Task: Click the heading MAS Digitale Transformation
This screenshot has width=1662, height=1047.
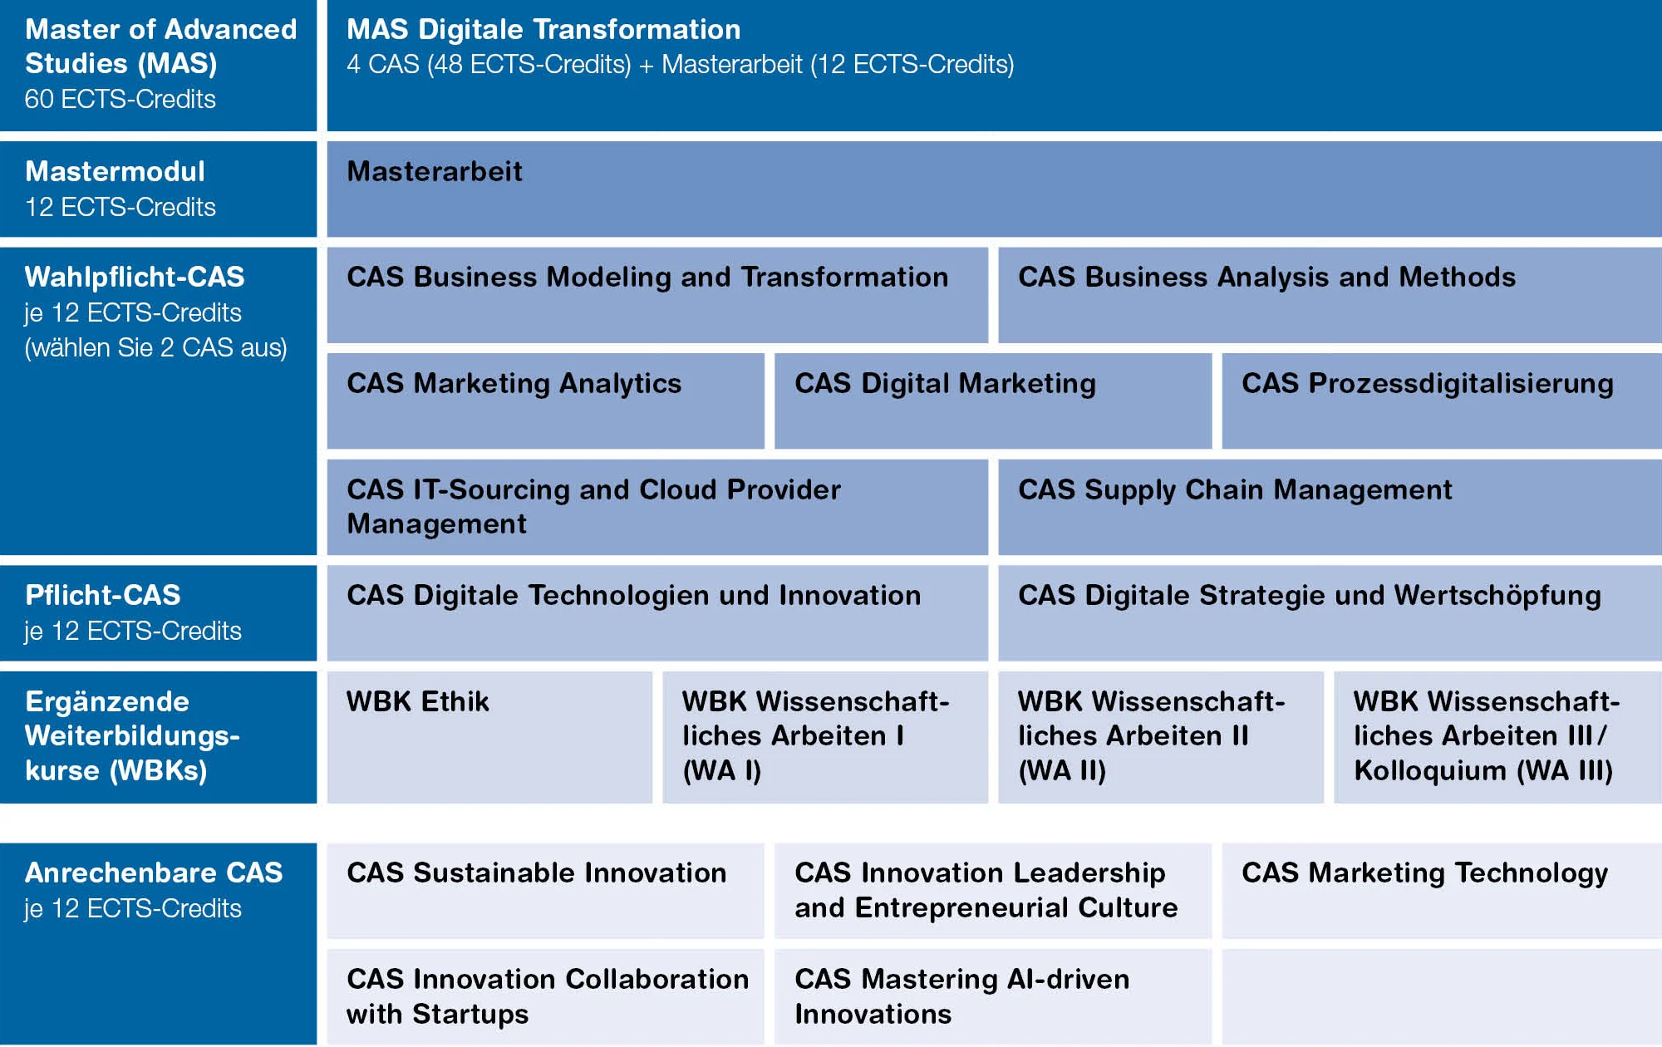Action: pyautogui.click(x=543, y=30)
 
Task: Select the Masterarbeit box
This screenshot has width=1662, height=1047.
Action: pyautogui.click(x=994, y=189)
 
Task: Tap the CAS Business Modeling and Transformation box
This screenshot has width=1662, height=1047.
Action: pyautogui.click(x=657, y=295)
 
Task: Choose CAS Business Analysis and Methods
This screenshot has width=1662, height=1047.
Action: pyautogui.click(x=1330, y=295)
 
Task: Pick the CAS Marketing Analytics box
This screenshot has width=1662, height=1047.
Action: pyautogui.click(x=545, y=401)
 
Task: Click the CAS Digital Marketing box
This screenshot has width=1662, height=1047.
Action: pyautogui.click(x=993, y=401)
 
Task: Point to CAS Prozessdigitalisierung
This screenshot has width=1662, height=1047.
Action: pyautogui.click(x=1442, y=401)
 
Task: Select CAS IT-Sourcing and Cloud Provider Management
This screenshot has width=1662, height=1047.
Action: pyautogui.click(x=657, y=507)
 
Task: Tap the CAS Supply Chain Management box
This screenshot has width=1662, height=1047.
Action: pyautogui.click(x=1330, y=507)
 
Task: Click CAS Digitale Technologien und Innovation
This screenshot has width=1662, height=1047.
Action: pyautogui.click(x=657, y=613)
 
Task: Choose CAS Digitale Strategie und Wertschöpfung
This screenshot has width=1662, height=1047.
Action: pyautogui.click(x=1330, y=613)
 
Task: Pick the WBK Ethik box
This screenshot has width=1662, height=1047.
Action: pyautogui.click(x=489, y=737)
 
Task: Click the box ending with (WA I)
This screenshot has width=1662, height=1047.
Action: pyautogui.click(x=825, y=737)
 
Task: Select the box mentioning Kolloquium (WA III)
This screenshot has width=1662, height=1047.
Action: pyautogui.click(x=1497, y=737)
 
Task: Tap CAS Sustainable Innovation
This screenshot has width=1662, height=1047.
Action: pyautogui.click(x=545, y=891)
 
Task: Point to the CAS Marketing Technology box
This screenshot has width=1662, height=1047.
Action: pyautogui.click(x=1442, y=891)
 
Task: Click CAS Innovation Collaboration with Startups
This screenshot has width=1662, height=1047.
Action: pyautogui.click(x=545, y=997)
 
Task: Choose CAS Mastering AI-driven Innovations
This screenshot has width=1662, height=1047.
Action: pyautogui.click(x=993, y=997)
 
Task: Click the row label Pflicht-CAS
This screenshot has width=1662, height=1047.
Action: pyautogui.click(x=103, y=595)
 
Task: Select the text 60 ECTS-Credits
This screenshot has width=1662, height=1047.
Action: pyautogui.click(x=120, y=99)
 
